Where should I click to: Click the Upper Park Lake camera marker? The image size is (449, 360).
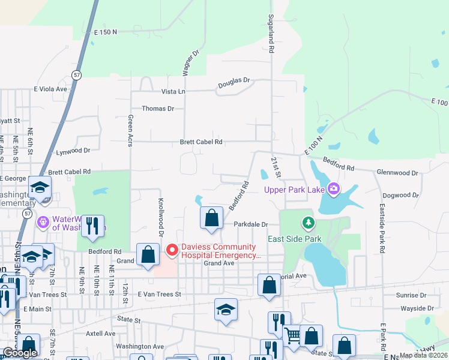[333, 190]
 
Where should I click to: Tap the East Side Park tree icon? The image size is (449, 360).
[309, 224]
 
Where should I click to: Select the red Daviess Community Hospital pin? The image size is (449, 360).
[172, 249]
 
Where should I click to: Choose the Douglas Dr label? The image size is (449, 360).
[233, 80]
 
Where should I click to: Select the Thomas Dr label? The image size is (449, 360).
[157, 109]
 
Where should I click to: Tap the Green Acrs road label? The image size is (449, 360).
[129, 131]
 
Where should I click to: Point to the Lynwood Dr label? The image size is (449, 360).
[73, 152]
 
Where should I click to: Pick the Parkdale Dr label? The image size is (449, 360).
[250, 224]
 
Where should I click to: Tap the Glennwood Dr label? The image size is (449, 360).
[397, 173]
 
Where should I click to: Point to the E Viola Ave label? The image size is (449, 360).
[50, 89]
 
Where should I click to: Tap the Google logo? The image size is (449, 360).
[20, 353]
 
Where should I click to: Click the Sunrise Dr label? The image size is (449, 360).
[411, 295]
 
